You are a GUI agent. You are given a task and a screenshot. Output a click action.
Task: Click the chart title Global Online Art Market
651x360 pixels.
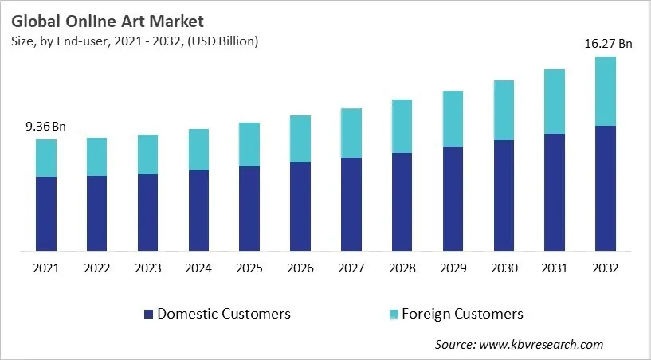point(108,22)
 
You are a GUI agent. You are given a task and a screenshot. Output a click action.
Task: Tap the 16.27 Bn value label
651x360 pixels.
point(607,45)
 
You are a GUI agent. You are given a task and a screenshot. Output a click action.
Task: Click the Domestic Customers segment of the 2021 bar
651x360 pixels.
point(46,213)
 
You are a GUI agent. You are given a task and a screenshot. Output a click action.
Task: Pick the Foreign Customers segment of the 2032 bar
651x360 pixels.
point(606,91)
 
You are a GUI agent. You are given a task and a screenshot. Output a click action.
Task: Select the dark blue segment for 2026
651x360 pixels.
point(300,207)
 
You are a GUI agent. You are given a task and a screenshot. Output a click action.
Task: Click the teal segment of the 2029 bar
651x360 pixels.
point(453,119)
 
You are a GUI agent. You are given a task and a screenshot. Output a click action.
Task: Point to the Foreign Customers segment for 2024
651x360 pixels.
point(198,150)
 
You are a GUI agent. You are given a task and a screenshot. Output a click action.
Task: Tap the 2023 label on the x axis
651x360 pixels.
point(147,268)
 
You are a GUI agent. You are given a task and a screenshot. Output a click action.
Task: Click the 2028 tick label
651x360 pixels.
point(402,268)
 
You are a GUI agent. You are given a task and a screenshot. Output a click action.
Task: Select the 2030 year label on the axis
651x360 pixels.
point(504,268)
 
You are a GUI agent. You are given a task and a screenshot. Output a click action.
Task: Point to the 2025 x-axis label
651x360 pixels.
point(249,268)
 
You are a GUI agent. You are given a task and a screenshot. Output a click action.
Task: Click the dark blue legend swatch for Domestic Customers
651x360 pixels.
point(147,314)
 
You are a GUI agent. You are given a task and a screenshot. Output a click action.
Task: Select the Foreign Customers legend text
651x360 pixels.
point(463,314)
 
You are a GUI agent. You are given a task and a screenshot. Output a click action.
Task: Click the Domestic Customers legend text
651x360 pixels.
point(224,314)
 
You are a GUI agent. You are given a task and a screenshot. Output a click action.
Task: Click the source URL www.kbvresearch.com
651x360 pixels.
point(542,345)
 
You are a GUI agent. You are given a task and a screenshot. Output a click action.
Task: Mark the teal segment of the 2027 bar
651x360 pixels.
point(351,132)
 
